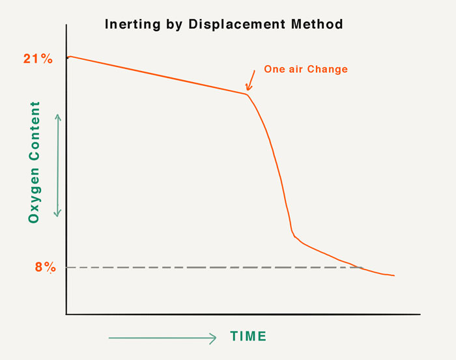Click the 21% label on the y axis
(38, 59)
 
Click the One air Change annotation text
(306, 70)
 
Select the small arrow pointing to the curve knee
(250, 81)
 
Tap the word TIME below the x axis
(248, 337)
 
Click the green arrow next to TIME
(162, 338)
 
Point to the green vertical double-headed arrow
(58, 165)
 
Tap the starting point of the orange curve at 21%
(68, 57)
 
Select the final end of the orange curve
(394, 276)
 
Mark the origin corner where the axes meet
(66, 314)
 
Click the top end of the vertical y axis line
(66, 25)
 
